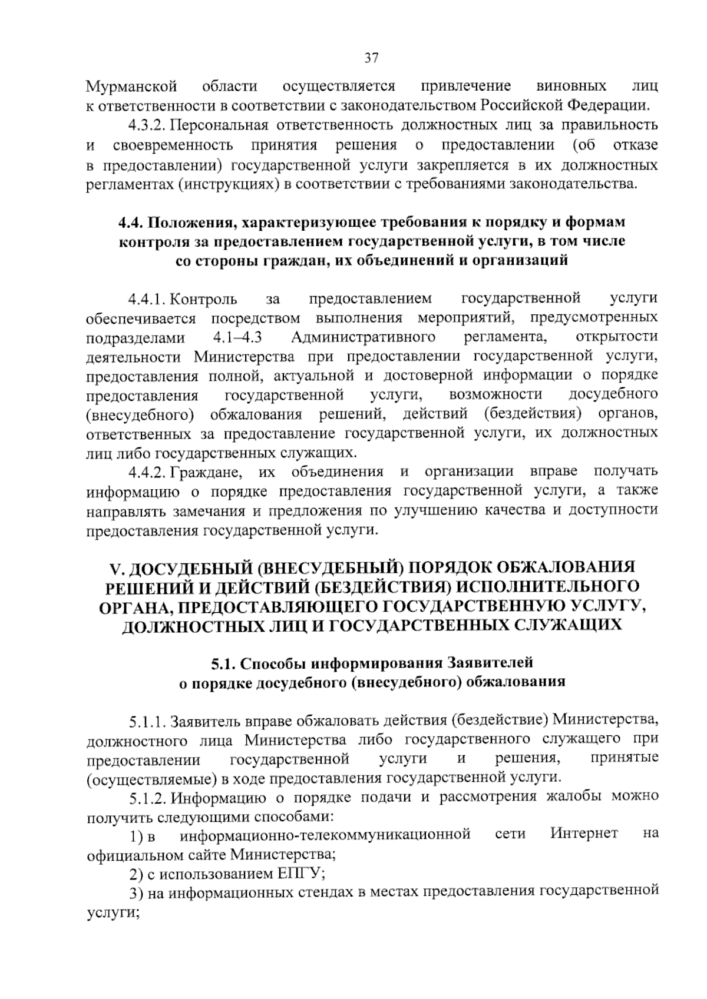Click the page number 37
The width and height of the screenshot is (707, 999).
(371, 58)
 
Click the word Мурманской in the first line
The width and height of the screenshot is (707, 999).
(131, 87)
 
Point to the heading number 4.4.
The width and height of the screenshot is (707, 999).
(130, 223)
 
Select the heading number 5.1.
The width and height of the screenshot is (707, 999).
(224, 663)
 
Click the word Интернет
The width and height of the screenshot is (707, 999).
(584, 834)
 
